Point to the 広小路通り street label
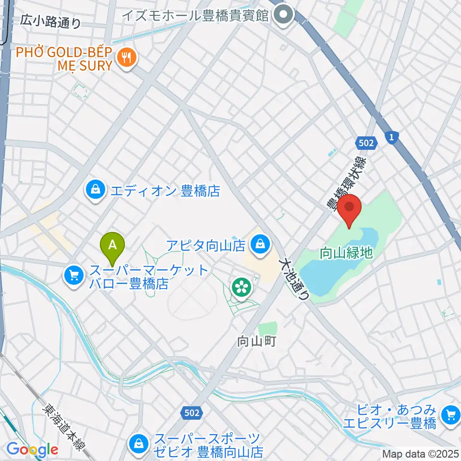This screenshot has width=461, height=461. pyautogui.click(x=51, y=22)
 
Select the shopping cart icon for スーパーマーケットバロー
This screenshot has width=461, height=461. pyautogui.click(x=73, y=275)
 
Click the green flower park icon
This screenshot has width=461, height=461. pyautogui.click(x=242, y=288)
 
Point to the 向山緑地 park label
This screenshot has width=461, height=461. pyautogui.click(x=346, y=253)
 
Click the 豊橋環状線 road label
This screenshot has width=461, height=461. pyautogui.click(x=346, y=183)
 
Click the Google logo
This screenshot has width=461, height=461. pyautogui.click(x=32, y=449)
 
